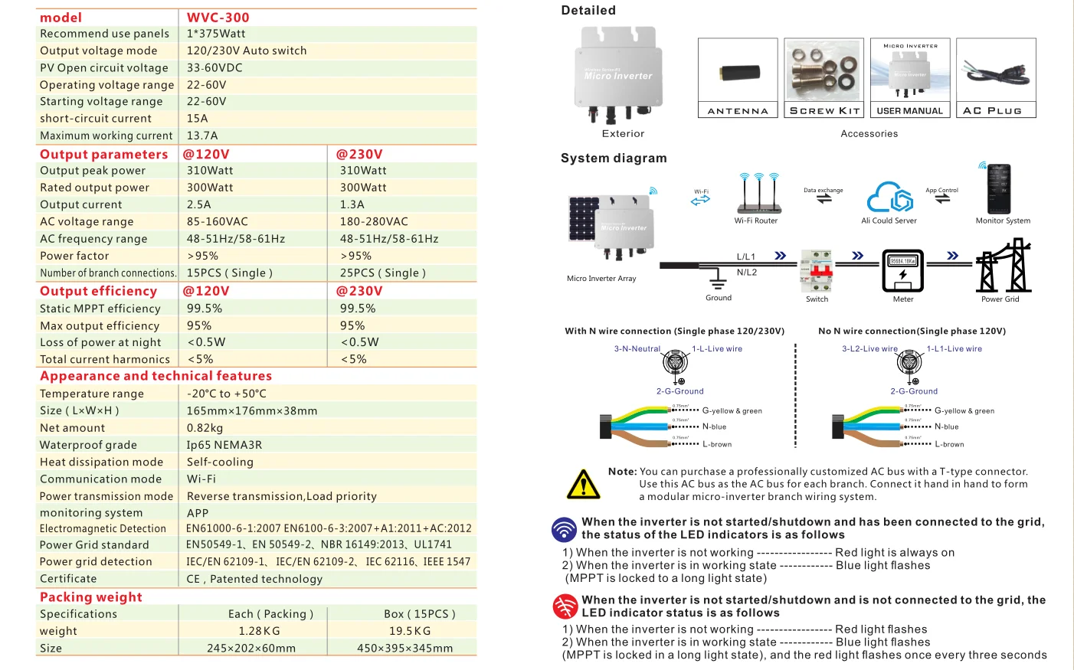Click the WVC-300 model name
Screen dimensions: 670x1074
pyautogui.click(x=218, y=18)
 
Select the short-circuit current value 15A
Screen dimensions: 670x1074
pyautogui.click(x=197, y=119)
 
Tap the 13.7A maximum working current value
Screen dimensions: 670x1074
pyautogui.click(x=202, y=136)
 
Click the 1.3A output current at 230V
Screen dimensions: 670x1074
pyautogui.click(x=352, y=204)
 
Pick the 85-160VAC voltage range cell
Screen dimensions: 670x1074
pyautogui.click(x=217, y=221)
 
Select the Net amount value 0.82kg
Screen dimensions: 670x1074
pyautogui.click(x=205, y=428)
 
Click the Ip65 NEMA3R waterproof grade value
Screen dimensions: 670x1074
pyautogui.click(x=224, y=445)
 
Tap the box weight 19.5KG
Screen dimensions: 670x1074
pyautogui.click(x=410, y=631)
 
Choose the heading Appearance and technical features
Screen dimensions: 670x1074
pyautogui.click(x=156, y=376)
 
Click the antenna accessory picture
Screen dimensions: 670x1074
pyautogui.click(x=738, y=73)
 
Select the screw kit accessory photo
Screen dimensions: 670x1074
pyautogui.click(x=824, y=71)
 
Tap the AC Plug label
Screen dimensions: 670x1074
pyautogui.click(x=992, y=111)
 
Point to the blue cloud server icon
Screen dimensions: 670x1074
pyautogui.click(x=889, y=197)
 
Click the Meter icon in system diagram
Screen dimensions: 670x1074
pyautogui.click(x=902, y=270)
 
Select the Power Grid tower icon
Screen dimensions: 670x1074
pyautogui.click(x=1003, y=266)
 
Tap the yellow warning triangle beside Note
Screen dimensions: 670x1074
pyautogui.click(x=583, y=484)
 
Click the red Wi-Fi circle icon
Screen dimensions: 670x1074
pyautogui.click(x=565, y=606)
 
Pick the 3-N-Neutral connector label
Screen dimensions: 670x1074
pyautogui.click(x=637, y=349)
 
